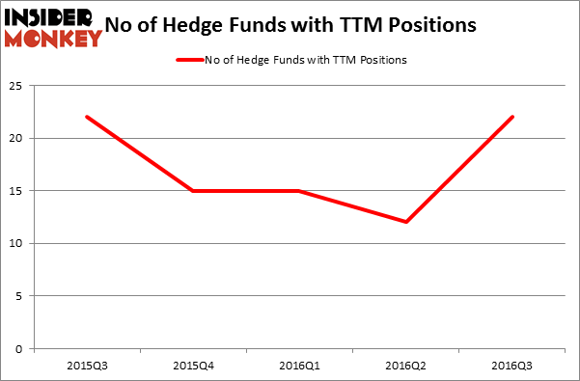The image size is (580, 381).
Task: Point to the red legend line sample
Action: [188, 60]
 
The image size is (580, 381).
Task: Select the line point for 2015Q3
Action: [86, 117]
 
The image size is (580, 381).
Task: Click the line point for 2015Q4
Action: [192, 190]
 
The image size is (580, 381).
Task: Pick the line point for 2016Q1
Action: [298, 190]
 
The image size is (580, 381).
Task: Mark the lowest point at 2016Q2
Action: [405, 222]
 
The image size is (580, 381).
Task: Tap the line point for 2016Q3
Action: [511, 117]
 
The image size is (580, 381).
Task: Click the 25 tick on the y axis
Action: [17, 86]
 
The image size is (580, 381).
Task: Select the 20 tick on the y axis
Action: [17, 138]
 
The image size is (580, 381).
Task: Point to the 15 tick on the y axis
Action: [17, 191]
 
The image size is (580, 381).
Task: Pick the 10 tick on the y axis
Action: [17, 243]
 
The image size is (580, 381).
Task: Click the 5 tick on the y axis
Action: [20, 296]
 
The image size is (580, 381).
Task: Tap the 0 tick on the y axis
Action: [20, 348]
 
